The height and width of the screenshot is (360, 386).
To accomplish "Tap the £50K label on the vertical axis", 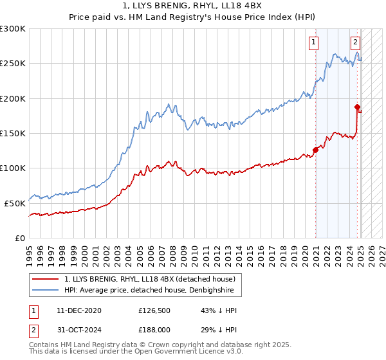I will point(15,203).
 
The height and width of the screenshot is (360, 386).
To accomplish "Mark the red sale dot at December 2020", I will point(316,150).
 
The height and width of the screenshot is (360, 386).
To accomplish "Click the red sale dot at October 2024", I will point(358,107).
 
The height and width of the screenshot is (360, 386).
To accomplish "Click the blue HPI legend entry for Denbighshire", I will point(152,291).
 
